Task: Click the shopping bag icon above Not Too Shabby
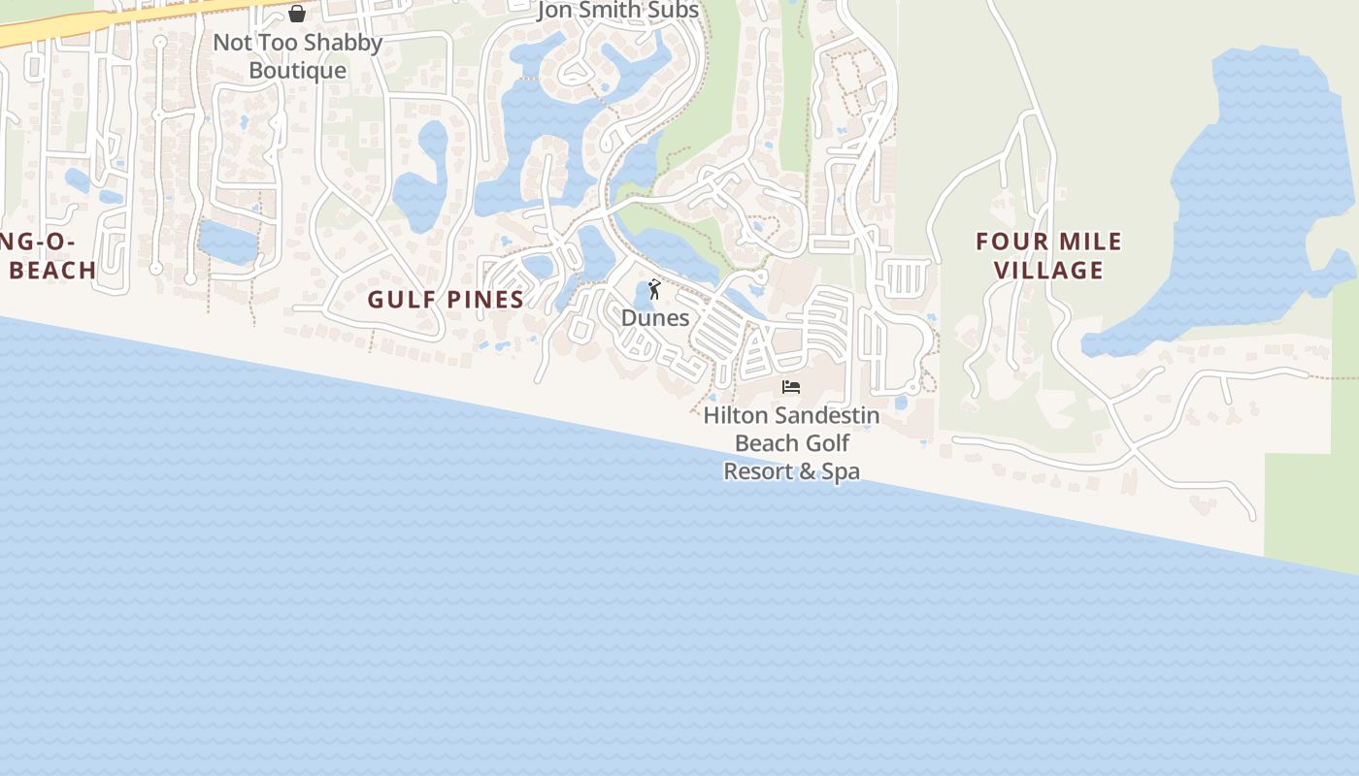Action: pos(297,14)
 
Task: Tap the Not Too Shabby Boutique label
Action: pos(297,56)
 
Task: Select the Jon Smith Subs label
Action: pos(618,12)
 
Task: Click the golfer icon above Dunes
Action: pos(654,289)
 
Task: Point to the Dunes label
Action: pos(655,318)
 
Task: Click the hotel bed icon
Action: pos(791,387)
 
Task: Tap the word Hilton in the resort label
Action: pos(737,415)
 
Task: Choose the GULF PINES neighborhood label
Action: pos(446,300)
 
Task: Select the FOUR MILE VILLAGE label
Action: pos(1049,255)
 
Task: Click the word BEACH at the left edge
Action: pos(52,271)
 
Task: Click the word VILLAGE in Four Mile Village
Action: pos(1049,270)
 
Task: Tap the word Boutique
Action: pos(297,71)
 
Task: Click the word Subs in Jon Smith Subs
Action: pos(673,12)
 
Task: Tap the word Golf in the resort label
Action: pos(827,443)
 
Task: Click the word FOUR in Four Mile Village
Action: pos(1011,242)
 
